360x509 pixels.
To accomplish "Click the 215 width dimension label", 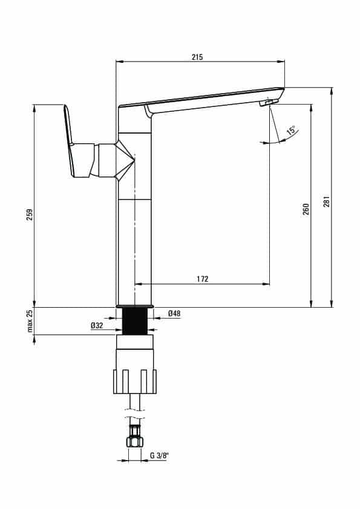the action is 197,57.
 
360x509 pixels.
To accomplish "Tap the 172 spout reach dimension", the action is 203,279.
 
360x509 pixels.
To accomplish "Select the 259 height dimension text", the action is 30,215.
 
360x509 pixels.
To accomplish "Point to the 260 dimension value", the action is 306,209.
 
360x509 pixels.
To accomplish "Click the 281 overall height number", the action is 327,201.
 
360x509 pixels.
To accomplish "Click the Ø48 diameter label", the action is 174,314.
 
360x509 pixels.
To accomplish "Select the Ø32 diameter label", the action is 97,326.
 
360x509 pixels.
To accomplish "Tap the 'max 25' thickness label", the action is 30,321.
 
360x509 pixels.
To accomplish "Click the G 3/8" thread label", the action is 159,455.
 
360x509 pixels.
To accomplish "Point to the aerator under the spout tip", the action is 269,103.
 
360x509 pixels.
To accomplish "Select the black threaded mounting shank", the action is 134,321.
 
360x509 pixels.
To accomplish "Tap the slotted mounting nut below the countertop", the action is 135,381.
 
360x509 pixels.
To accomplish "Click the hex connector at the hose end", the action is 134,441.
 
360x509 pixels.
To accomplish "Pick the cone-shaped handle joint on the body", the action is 125,160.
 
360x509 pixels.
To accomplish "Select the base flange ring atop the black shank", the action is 134,306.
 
